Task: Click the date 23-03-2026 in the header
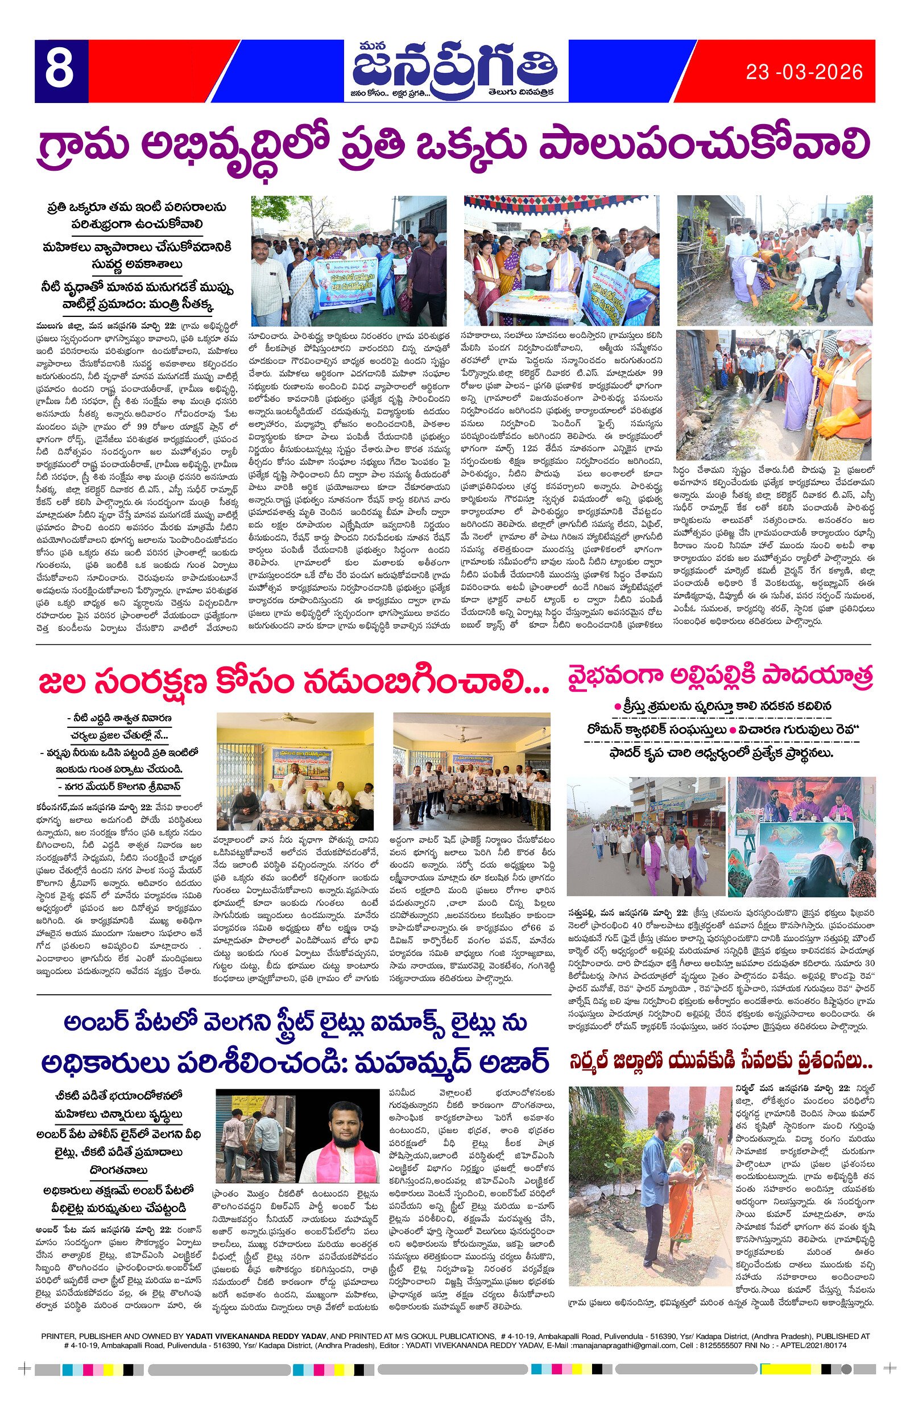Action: [804, 72]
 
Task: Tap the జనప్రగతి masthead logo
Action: [454, 66]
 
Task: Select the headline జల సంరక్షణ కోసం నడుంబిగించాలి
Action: [293, 683]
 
